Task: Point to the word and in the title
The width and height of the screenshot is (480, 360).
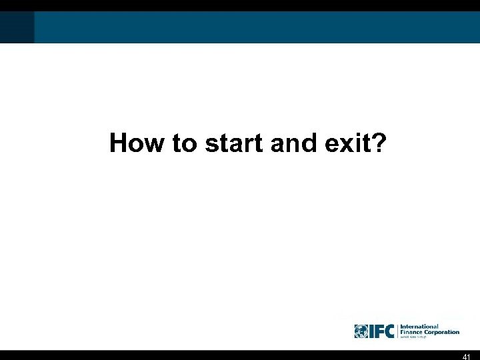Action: [x=291, y=142]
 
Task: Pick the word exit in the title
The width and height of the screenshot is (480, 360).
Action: [x=341, y=142]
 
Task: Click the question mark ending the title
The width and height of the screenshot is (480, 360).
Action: [x=377, y=142]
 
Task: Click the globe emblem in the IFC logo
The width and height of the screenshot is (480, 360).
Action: [x=361, y=331]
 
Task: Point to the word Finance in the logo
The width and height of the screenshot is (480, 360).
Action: [x=414, y=332]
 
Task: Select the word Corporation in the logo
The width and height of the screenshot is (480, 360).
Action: [x=443, y=332]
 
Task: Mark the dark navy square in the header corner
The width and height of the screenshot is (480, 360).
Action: [x=17, y=27]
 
